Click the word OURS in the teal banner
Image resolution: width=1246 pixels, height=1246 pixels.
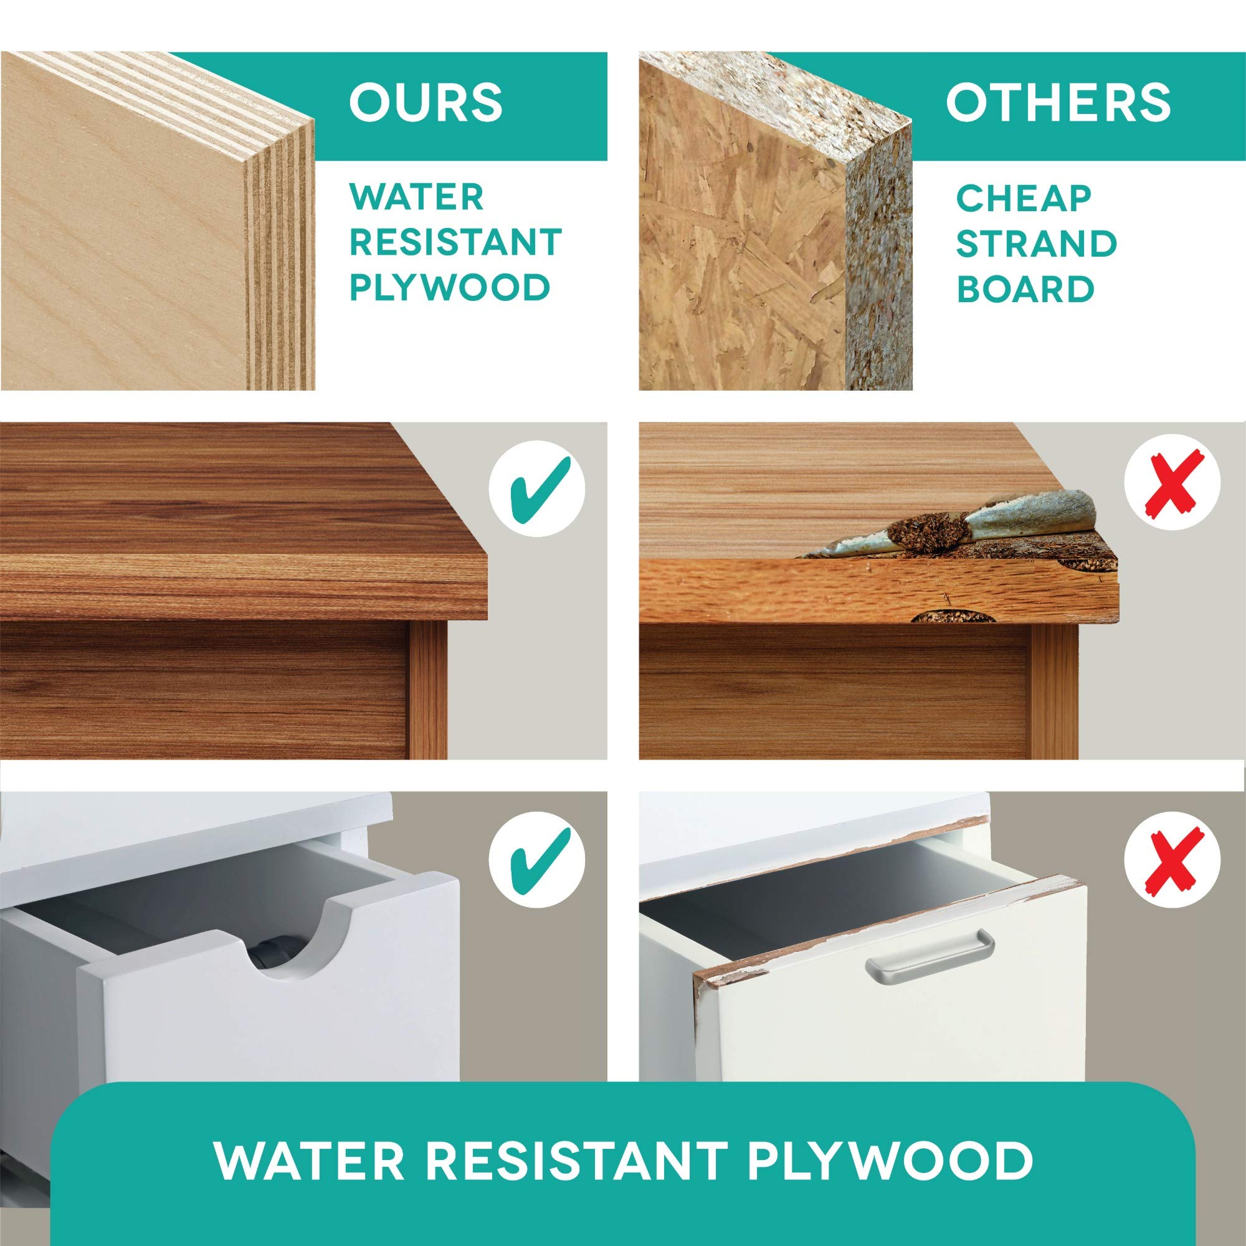(x=425, y=103)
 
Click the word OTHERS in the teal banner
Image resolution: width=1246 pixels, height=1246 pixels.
(x=1058, y=103)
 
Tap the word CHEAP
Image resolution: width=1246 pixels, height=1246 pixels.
(x=1023, y=199)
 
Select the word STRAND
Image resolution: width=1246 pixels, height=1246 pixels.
(x=1037, y=244)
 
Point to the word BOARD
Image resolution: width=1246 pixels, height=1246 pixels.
(x=1025, y=290)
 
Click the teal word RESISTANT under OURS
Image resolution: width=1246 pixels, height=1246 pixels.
(x=455, y=242)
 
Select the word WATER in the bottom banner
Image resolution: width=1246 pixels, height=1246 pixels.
(x=303, y=1143)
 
